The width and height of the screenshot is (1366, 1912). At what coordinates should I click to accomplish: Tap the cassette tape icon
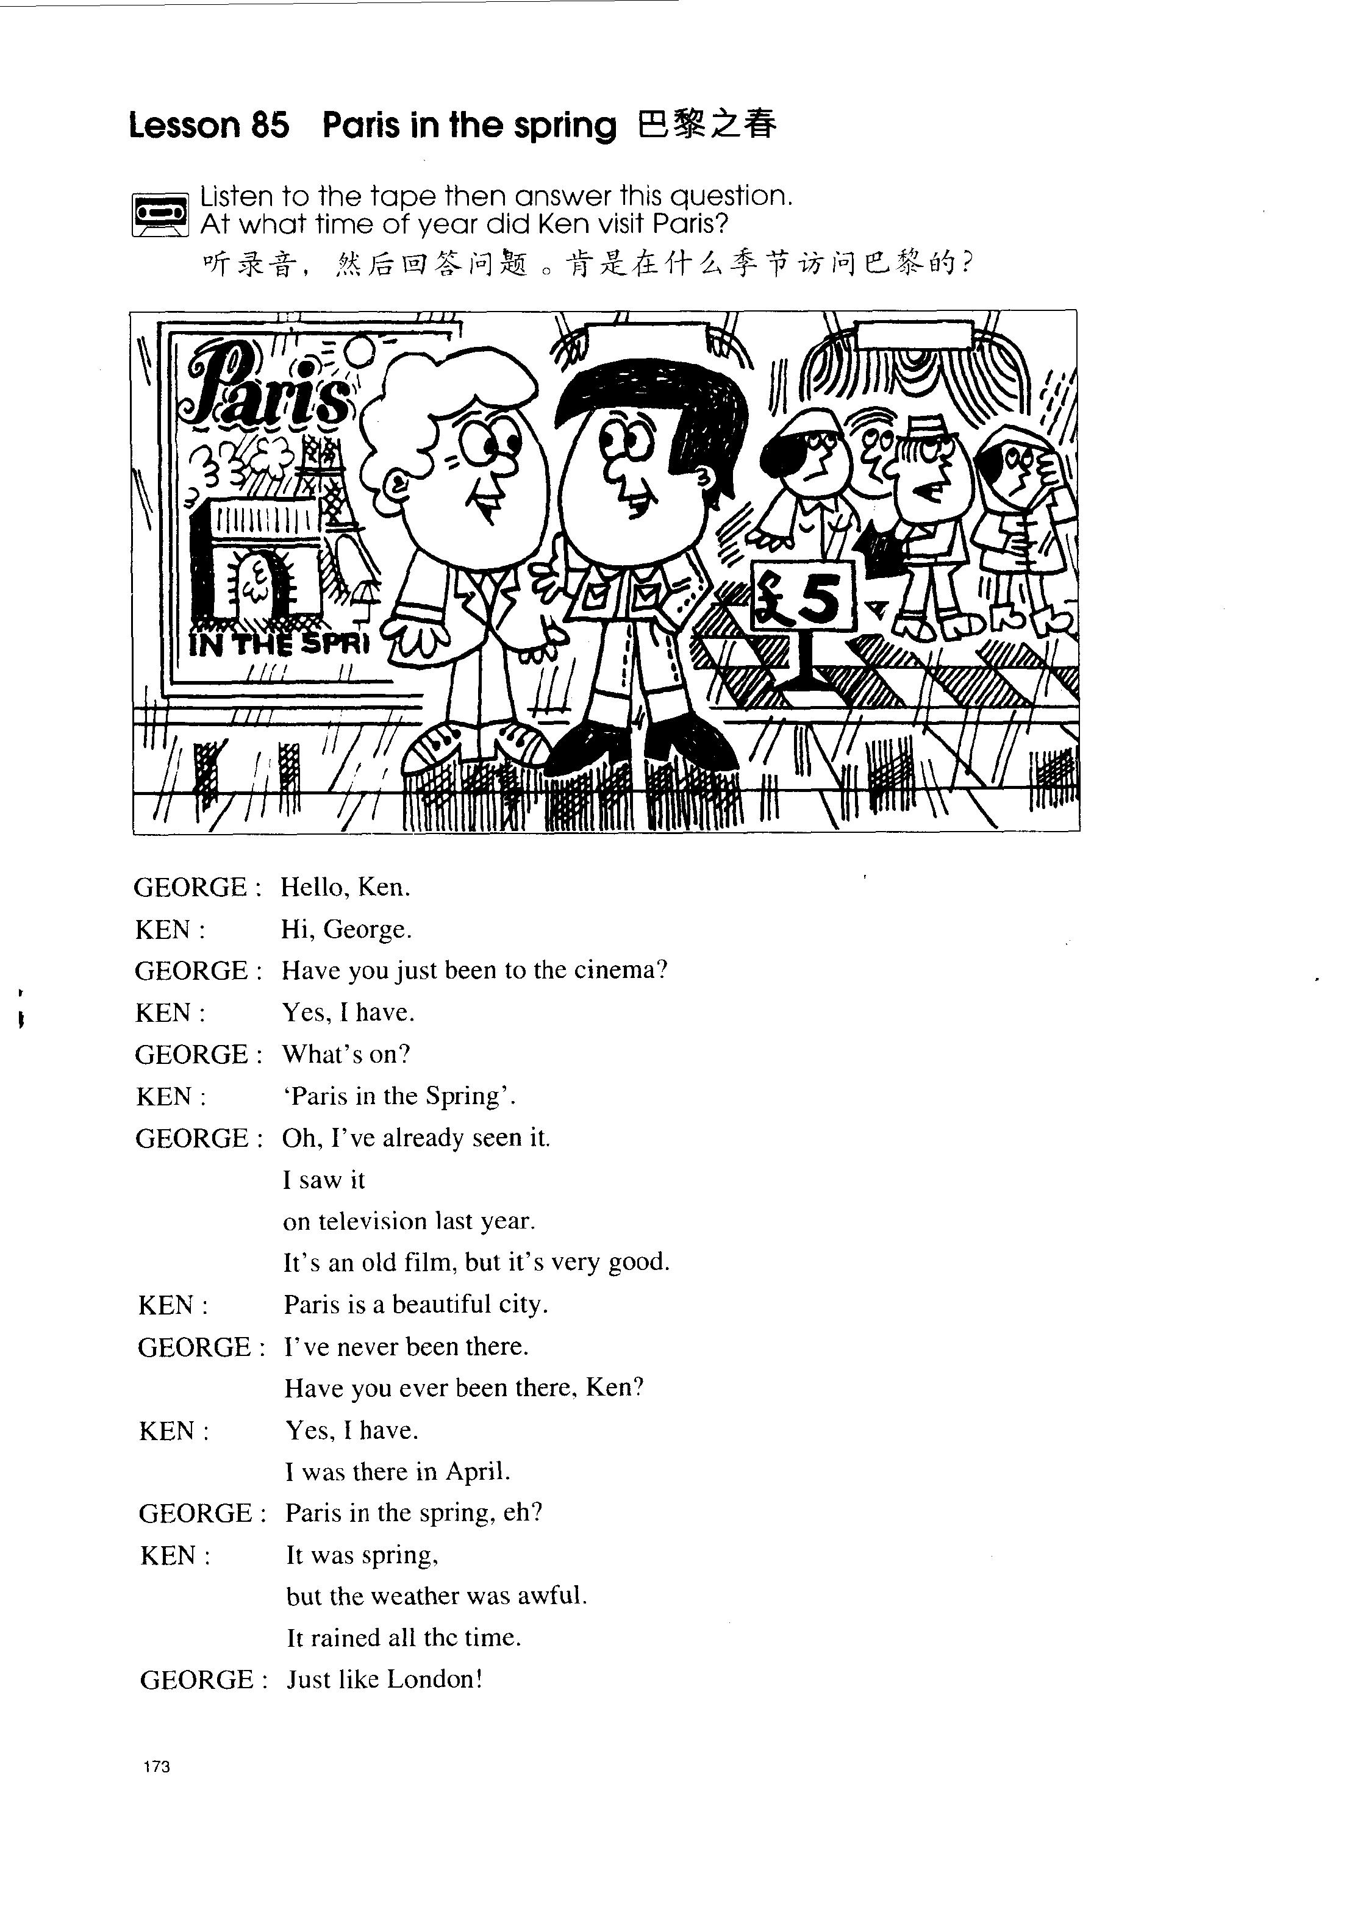160,215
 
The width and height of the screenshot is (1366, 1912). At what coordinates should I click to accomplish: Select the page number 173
157,1766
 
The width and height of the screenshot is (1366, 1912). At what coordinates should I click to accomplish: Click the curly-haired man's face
479,471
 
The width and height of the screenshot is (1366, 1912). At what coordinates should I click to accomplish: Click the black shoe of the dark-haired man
589,748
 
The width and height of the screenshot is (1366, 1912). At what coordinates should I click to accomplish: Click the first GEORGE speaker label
191,887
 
